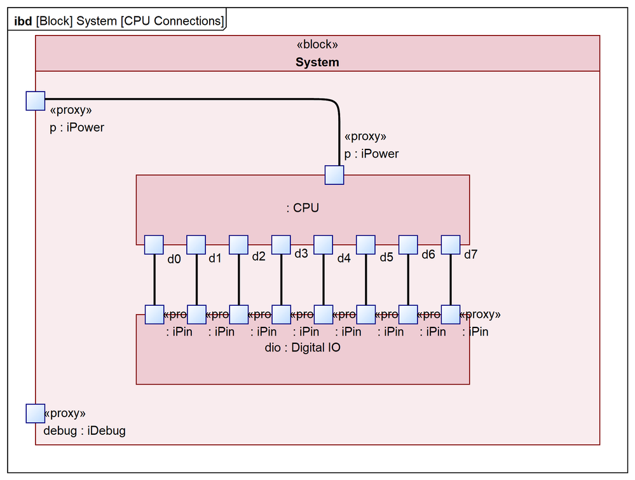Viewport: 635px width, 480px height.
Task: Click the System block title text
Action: click(317, 62)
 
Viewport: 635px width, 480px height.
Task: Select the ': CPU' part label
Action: click(303, 208)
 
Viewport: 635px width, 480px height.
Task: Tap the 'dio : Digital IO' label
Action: click(303, 348)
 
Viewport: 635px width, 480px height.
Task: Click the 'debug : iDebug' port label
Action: click(85, 430)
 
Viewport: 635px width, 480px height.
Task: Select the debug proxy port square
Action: click(36, 413)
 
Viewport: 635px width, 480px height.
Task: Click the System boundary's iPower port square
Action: click(36, 100)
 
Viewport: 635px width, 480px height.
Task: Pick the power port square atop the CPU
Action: click(334, 175)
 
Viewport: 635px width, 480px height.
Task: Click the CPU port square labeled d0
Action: click(154, 245)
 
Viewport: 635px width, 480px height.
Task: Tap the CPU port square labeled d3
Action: click(281, 245)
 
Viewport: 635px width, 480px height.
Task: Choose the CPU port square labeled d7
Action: click(451, 245)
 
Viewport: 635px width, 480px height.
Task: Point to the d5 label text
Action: click(386, 257)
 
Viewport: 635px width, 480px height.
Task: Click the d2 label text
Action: click(259, 257)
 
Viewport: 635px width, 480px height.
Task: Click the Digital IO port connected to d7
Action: click(451, 314)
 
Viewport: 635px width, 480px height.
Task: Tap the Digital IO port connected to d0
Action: click(154, 314)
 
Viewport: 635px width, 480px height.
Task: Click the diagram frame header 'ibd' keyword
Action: click(24, 21)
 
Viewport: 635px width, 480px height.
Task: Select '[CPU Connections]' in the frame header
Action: click(172, 21)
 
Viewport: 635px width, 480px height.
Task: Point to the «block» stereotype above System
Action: click(317, 45)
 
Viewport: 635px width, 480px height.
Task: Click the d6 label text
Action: click(428, 254)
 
